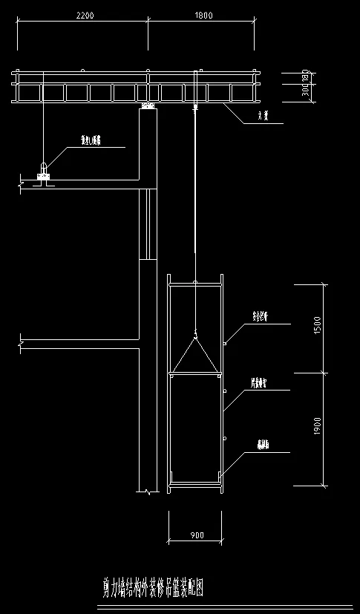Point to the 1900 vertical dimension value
[x=317, y=426]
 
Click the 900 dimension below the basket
[x=195, y=535]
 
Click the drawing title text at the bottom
[x=152, y=589]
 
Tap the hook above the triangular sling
[x=194, y=332]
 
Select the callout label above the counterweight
[x=91, y=139]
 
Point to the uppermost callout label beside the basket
[x=260, y=316]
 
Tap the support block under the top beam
[x=148, y=107]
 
